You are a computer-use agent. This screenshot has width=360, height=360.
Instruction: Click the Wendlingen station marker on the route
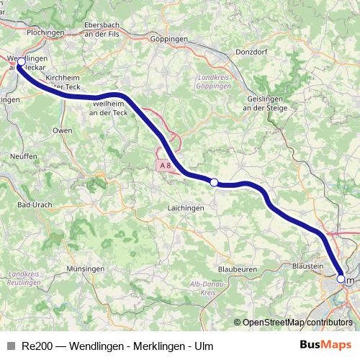(x=21, y=63)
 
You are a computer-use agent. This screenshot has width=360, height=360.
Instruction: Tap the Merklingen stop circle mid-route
(x=214, y=183)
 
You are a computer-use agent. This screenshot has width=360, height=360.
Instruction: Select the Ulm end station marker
(x=341, y=278)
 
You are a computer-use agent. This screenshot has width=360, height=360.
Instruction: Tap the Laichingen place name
(x=186, y=207)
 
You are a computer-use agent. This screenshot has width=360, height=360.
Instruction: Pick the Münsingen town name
(x=86, y=268)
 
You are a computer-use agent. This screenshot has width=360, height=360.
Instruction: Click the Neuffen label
(x=23, y=156)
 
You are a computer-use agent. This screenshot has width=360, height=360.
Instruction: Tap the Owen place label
(x=63, y=130)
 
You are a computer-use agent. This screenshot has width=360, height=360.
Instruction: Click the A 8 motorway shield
(x=165, y=166)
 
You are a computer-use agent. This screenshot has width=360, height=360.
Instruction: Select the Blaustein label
(x=307, y=266)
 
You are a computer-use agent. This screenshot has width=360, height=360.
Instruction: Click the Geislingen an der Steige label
(x=266, y=103)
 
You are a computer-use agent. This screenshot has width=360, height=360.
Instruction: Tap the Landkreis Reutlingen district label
(x=24, y=279)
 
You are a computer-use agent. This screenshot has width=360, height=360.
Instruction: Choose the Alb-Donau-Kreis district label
(x=204, y=289)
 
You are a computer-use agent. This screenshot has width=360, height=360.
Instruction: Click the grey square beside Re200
(x=10, y=346)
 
